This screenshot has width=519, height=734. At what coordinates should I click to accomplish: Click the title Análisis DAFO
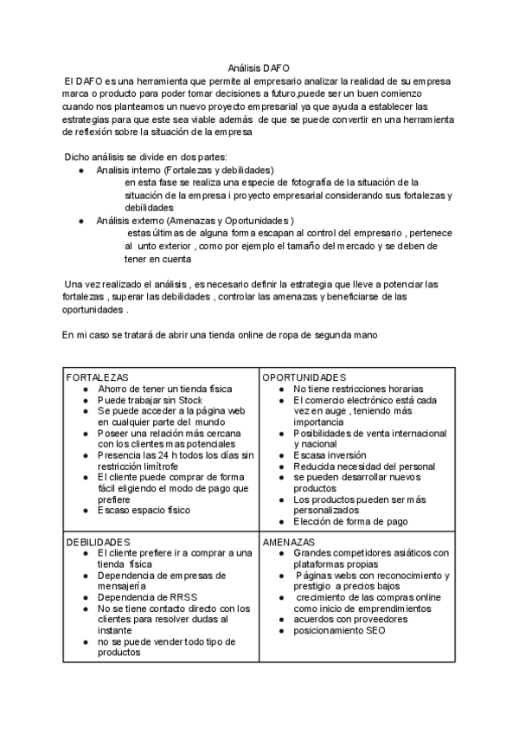coord(259,68)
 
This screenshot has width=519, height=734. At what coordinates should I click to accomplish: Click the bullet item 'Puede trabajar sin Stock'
coord(150,401)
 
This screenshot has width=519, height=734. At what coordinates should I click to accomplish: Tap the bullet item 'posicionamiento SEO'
coord(339,630)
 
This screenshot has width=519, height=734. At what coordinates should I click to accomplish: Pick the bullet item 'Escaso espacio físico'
coord(144,510)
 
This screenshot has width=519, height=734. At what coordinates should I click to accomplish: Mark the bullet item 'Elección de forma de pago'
coord(350,521)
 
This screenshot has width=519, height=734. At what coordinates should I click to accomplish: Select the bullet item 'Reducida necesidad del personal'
coord(363,467)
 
